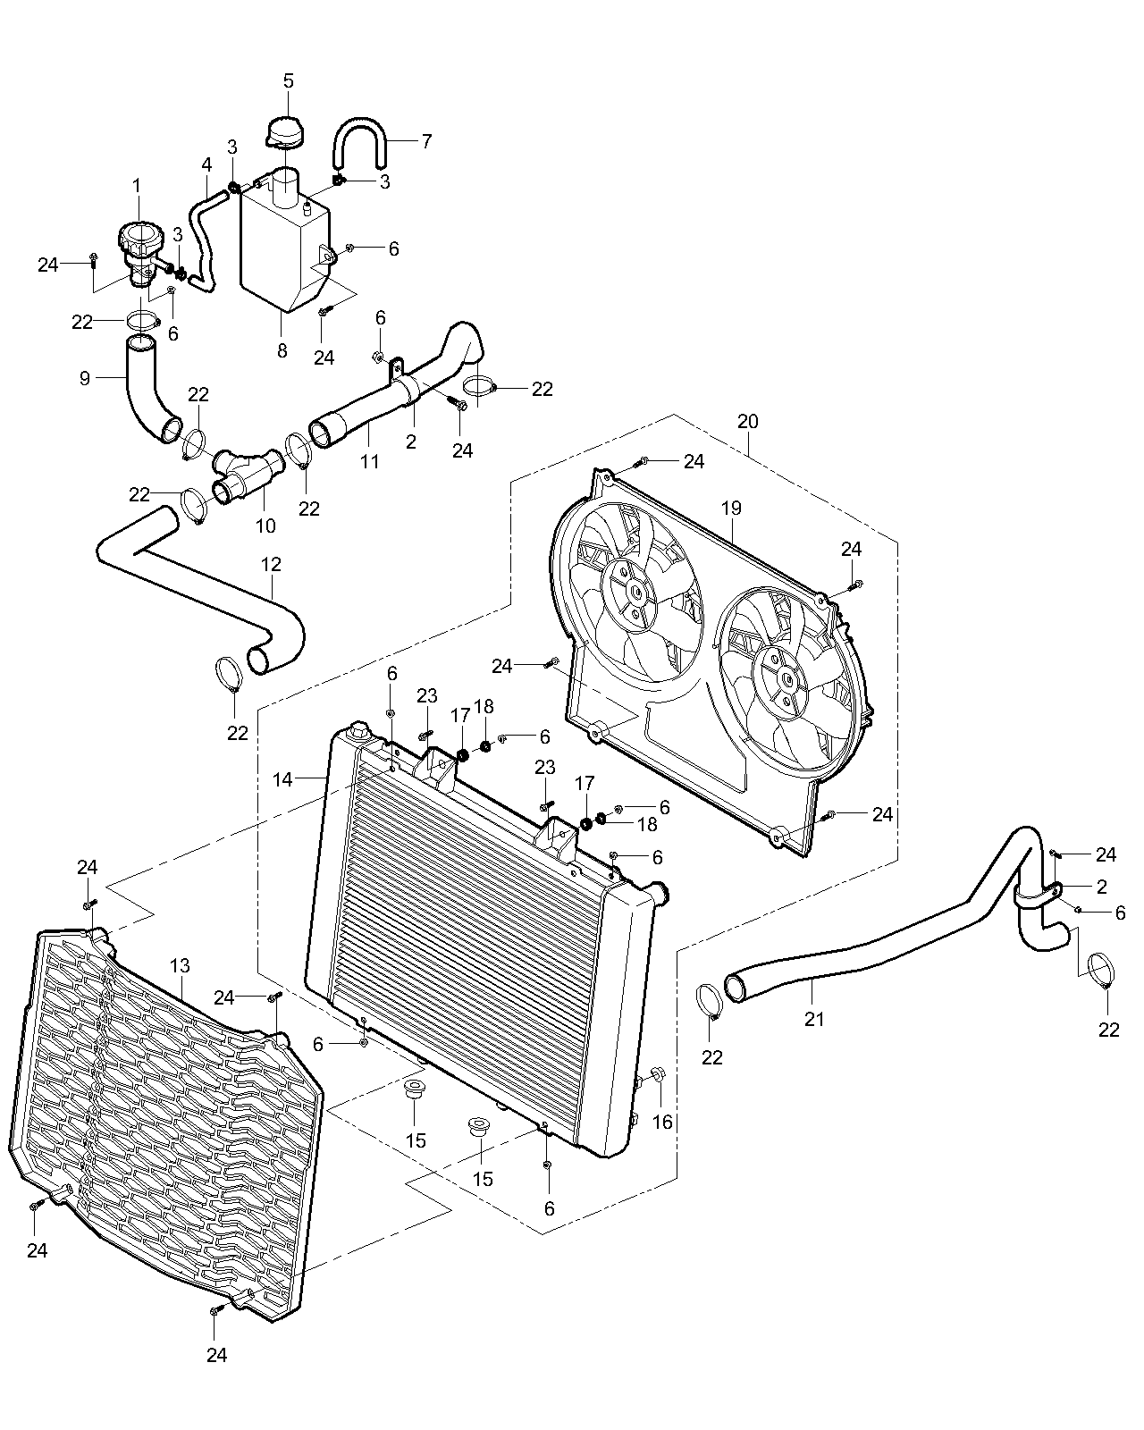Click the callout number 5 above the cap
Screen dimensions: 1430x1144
[x=288, y=80]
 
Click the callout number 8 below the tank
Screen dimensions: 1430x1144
[x=282, y=351]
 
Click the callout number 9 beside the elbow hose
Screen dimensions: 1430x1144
[x=85, y=378]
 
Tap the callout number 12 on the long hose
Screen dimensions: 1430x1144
[x=272, y=564]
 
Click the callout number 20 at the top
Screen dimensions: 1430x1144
[x=748, y=421]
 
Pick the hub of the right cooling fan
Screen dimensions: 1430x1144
[x=786, y=678]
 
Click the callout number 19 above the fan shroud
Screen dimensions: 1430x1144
[x=731, y=509]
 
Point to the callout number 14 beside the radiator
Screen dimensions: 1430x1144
[x=282, y=780]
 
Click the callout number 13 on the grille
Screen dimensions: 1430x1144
[x=180, y=966]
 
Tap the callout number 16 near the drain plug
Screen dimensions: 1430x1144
[x=662, y=1122]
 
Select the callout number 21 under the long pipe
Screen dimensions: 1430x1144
[x=814, y=1018]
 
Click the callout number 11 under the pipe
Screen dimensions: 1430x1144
[x=370, y=461]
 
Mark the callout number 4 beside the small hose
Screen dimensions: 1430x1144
[x=206, y=165]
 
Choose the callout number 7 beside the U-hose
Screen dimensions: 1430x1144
[x=426, y=141]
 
